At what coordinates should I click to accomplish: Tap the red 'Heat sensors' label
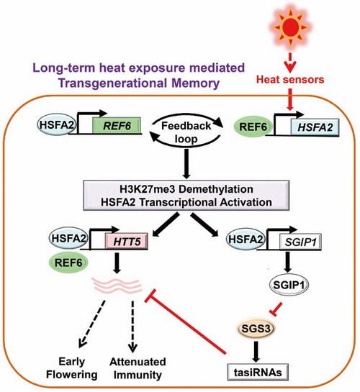290,80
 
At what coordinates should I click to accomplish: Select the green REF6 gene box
117,125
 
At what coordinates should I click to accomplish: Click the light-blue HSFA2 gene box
315,127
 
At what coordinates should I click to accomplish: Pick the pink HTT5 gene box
127,242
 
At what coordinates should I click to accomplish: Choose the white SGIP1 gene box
300,242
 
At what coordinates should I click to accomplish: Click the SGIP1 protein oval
289,285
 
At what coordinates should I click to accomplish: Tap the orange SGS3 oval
256,328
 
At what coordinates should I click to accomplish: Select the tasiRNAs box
258,373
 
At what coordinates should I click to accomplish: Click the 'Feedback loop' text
186,132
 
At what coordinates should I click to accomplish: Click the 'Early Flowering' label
72,368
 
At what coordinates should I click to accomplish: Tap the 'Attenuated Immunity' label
138,368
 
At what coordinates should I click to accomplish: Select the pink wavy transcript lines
117,285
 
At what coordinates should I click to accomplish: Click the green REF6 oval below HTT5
68,263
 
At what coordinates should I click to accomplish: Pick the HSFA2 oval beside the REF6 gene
57,124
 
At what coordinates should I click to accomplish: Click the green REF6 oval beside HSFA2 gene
253,127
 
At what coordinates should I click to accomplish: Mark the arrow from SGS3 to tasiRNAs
256,351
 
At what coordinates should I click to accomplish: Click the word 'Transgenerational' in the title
113,83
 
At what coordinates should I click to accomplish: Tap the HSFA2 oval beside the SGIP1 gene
246,240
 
